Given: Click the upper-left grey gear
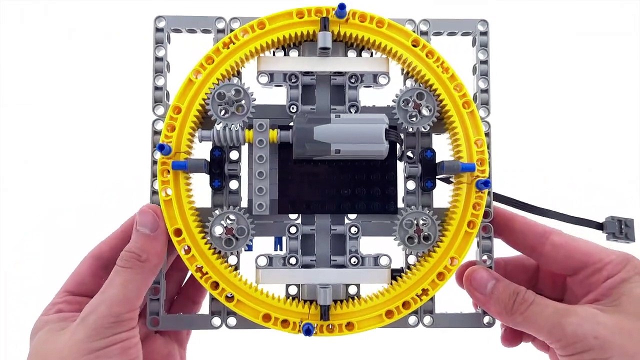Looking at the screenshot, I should coord(230,103).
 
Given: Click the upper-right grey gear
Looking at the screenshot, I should coord(416,104).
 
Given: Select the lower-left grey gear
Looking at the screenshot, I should coord(230,230).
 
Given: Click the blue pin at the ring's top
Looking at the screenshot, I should coord(341,10).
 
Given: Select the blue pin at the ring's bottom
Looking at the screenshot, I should coord(308,328).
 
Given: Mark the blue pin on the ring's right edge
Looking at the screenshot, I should coord(482,184).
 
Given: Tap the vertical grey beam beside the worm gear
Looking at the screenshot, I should coord(260,167).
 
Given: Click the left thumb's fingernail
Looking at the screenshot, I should coord(146,220).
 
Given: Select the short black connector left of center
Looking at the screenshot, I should coord(217,169).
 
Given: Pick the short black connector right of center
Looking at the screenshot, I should coord(428,170).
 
